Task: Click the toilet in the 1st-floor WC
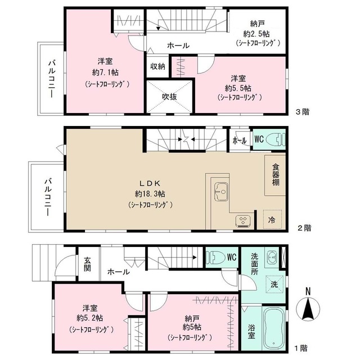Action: pyautogui.click(x=215, y=257)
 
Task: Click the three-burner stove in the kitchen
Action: pyautogui.click(x=243, y=221)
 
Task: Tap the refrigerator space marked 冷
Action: pyautogui.click(x=272, y=219)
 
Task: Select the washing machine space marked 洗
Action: pyautogui.click(x=274, y=284)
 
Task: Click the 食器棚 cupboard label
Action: pyautogui.click(x=276, y=175)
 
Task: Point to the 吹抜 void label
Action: pyautogui.click(x=169, y=97)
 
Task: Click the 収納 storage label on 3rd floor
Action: pyautogui.click(x=157, y=66)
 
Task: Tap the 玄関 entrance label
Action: pyautogui.click(x=87, y=264)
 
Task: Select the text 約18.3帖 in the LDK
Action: pyautogui.click(x=150, y=194)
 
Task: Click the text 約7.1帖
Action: pyautogui.click(x=105, y=73)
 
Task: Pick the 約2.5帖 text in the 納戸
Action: pyautogui.click(x=256, y=34)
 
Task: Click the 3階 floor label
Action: pyautogui.click(x=303, y=112)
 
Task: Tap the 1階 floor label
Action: pyautogui.click(x=301, y=348)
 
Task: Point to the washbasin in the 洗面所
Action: pyautogui.click(x=272, y=258)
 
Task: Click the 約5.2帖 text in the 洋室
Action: pyautogui.click(x=90, y=318)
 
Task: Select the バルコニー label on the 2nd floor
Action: pyautogui.click(x=48, y=197)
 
